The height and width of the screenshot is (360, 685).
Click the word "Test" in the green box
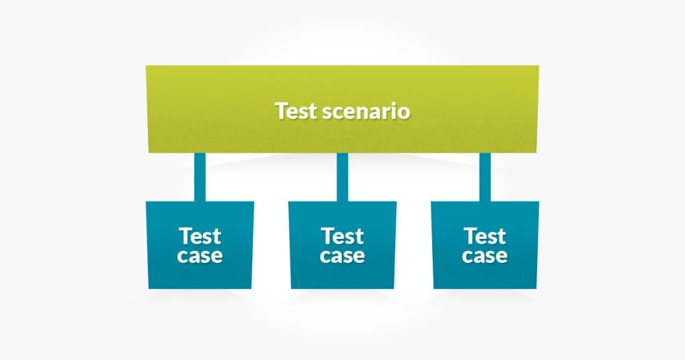[x=296, y=111]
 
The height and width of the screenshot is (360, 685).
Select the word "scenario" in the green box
[x=366, y=111]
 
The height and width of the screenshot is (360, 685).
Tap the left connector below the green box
[x=199, y=177]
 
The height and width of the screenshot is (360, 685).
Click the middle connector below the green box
[x=342, y=177]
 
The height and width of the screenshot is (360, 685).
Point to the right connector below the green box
[x=485, y=177]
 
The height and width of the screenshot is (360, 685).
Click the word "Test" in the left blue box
[x=199, y=236]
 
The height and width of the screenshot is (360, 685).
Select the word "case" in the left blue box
[x=199, y=256]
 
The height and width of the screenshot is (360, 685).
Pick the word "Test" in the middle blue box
[x=342, y=236]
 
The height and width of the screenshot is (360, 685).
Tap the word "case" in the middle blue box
[x=342, y=256]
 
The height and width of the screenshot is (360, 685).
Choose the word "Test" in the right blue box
[x=485, y=236]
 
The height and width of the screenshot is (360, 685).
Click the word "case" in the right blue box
[x=485, y=256]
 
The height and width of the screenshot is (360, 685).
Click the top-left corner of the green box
[x=146, y=66]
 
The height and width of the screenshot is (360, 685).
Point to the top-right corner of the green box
[x=539, y=66]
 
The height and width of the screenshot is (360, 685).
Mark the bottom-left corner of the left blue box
[x=149, y=288]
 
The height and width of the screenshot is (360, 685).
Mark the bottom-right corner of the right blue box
[x=536, y=288]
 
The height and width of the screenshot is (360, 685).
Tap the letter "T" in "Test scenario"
[x=281, y=111]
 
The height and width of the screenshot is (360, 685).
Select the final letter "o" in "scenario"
[x=404, y=112]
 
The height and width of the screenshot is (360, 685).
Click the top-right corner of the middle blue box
[x=396, y=201]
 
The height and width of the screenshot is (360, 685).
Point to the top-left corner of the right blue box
[x=431, y=201]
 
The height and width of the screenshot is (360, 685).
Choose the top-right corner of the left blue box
[x=254, y=201]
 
